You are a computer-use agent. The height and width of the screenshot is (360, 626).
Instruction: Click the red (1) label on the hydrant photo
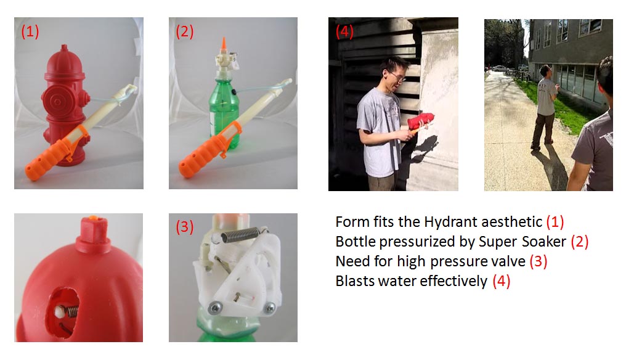click(30, 31)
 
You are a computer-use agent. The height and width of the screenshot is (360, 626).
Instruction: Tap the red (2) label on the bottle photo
click(184, 31)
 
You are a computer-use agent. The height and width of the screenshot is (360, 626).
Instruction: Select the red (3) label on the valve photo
click(184, 227)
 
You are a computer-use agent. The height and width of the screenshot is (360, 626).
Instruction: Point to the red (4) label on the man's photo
click(344, 31)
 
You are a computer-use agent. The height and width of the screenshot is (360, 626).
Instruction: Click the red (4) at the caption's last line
click(502, 281)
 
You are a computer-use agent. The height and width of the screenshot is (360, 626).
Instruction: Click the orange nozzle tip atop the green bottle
click(224, 44)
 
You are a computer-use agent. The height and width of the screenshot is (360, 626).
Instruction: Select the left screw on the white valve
click(214, 308)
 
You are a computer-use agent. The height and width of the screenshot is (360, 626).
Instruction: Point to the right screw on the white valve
click(270, 308)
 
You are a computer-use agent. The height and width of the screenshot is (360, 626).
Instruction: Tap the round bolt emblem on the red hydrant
click(57, 102)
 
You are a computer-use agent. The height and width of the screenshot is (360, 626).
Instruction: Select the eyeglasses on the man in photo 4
click(396, 76)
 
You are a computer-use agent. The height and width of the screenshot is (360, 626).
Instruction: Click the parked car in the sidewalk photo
click(500, 68)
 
